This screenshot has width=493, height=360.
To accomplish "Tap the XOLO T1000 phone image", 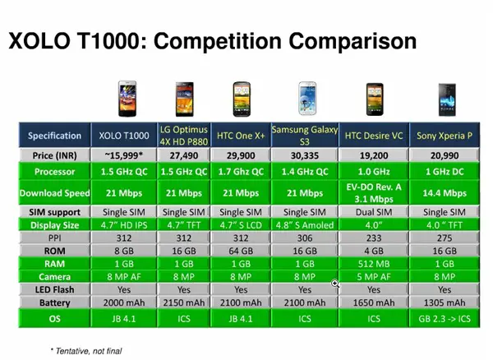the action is [x=127, y=99].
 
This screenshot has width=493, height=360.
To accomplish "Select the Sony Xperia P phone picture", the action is [x=447, y=99].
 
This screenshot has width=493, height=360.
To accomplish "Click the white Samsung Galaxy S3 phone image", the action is [x=307, y=99].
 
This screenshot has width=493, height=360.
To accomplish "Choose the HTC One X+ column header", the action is [x=241, y=136].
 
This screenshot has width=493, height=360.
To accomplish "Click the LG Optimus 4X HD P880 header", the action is [x=184, y=136].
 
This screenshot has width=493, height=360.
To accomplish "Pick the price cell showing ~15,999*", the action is [x=124, y=155].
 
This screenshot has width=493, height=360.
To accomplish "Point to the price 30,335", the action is [x=305, y=155].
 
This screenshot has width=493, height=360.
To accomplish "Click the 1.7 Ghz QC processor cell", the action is [x=241, y=172].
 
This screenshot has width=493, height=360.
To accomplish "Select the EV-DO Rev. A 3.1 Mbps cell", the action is [x=374, y=192].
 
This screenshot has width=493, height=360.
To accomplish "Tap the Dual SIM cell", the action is [x=374, y=212].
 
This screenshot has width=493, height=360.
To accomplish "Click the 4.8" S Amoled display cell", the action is [x=305, y=225].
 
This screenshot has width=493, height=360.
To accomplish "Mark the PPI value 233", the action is [x=374, y=238].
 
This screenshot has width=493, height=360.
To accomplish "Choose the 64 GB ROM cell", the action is [x=241, y=251].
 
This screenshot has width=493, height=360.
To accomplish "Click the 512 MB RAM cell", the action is [x=374, y=264].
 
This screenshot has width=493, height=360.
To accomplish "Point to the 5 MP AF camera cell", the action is [x=374, y=277].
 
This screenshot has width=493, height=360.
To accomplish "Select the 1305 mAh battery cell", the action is [x=445, y=302].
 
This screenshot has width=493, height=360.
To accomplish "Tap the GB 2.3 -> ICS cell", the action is [x=445, y=319].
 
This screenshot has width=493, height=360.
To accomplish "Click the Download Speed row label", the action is [x=55, y=192].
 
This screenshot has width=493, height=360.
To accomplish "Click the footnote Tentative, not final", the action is [x=86, y=351].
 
